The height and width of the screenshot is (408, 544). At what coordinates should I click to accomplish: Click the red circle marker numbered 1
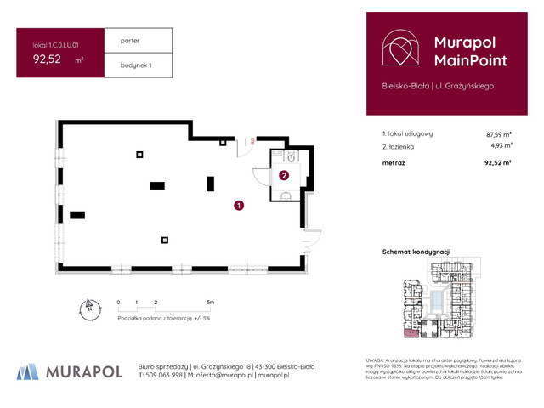coord(240,205)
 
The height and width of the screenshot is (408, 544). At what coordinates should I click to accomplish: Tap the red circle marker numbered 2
coord(284,176)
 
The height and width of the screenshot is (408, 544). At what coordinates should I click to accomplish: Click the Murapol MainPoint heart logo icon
coord(399,50)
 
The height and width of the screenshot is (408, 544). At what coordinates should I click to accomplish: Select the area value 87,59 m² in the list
coord(498,134)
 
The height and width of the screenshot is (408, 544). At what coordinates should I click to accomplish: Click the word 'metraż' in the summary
coord(394,161)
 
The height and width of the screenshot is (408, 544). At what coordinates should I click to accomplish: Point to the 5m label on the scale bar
coord(210,302)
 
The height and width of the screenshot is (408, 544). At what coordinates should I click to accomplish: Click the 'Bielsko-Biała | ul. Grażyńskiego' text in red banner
coord(437,85)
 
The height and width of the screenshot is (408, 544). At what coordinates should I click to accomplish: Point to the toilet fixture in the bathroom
coord(291,158)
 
